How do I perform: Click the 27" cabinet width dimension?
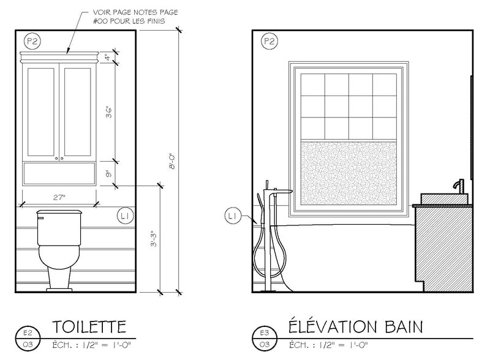[x=59, y=198]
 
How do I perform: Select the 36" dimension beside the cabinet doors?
[x=109, y=113]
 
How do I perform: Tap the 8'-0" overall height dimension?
[x=172, y=161]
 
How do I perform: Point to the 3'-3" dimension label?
[x=154, y=239]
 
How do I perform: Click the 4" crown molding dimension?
[x=107, y=57]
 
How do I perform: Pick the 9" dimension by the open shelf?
[x=108, y=174]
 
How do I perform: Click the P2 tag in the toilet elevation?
[x=32, y=41]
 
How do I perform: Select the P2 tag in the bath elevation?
[x=269, y=41]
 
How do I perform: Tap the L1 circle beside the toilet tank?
[x=126, y=216]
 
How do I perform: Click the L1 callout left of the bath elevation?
[x=233, y=216]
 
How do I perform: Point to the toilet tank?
[x=59, y=228]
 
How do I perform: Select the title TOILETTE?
[x=89, y=327]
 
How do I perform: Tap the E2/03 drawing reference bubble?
[x=28, y=339]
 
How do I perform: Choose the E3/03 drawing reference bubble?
[x=265, y=339]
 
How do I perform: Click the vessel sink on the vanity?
[x=445, y=199]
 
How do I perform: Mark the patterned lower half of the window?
[x=349, y=173]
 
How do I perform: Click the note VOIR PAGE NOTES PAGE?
[x=135, y=12]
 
